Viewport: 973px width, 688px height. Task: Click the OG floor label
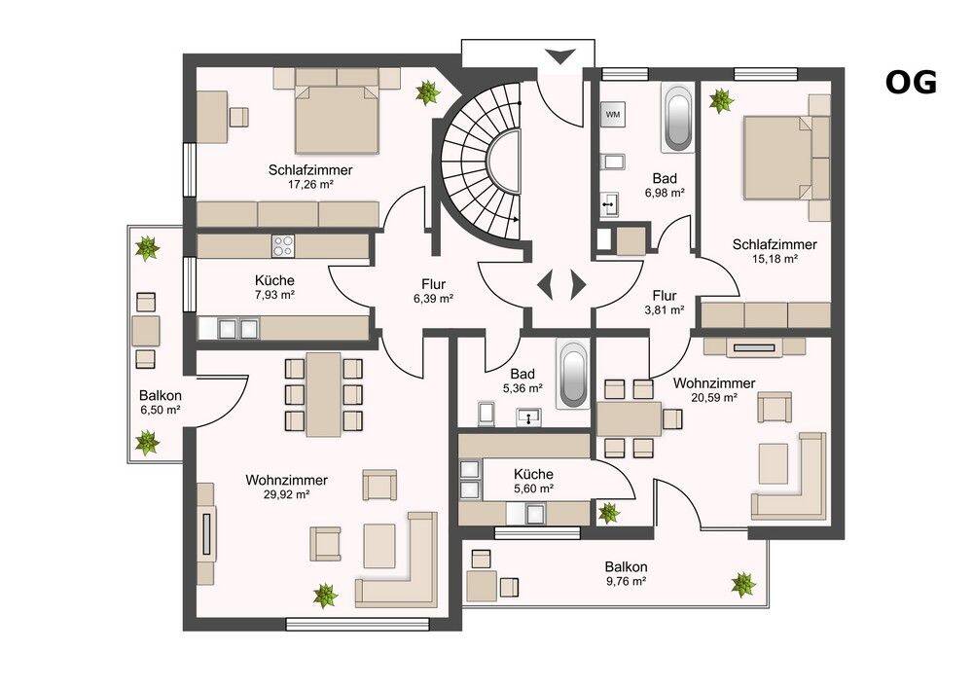pyautogui.click(x=911, y=83)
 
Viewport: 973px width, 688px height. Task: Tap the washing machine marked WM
pyautogui.click(x=612, y=115)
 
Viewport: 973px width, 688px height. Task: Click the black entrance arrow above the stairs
pyautogui.click(x=561, y=56)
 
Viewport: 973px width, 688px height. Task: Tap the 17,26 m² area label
pyautogui.click(x=310, y=184)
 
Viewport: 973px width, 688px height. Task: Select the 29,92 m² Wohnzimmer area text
pyautogui.click(x=287, y=494)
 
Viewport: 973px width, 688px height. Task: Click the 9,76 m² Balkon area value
pyautogui.click(x=626, y=581)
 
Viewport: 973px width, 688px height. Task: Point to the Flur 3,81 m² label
pyautogui.click(x=665, y=302)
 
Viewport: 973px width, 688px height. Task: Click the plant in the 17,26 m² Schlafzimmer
pyautogui.click(x=427, y=93)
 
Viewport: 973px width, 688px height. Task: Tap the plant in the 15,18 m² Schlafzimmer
pyautogui.click(x=721, y=100)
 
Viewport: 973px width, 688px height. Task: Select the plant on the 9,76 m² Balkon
pyautogui.click(x=742, y=585)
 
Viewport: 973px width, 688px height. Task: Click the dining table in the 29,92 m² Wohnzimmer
pyautogui.click(x=323, y=394)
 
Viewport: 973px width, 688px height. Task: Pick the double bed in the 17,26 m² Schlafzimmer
pyautogui.click(x=337, y=119)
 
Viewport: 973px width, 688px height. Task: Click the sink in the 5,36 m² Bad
pyautogui.click(x=528, y=416)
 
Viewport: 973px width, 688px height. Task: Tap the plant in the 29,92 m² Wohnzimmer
pyautogui.click(x=325, y=596)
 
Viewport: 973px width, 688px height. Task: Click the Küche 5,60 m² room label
pyautogui.click(x=533, y=481)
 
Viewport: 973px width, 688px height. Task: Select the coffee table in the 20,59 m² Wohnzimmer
pyautogui.click(x=773, y=463)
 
